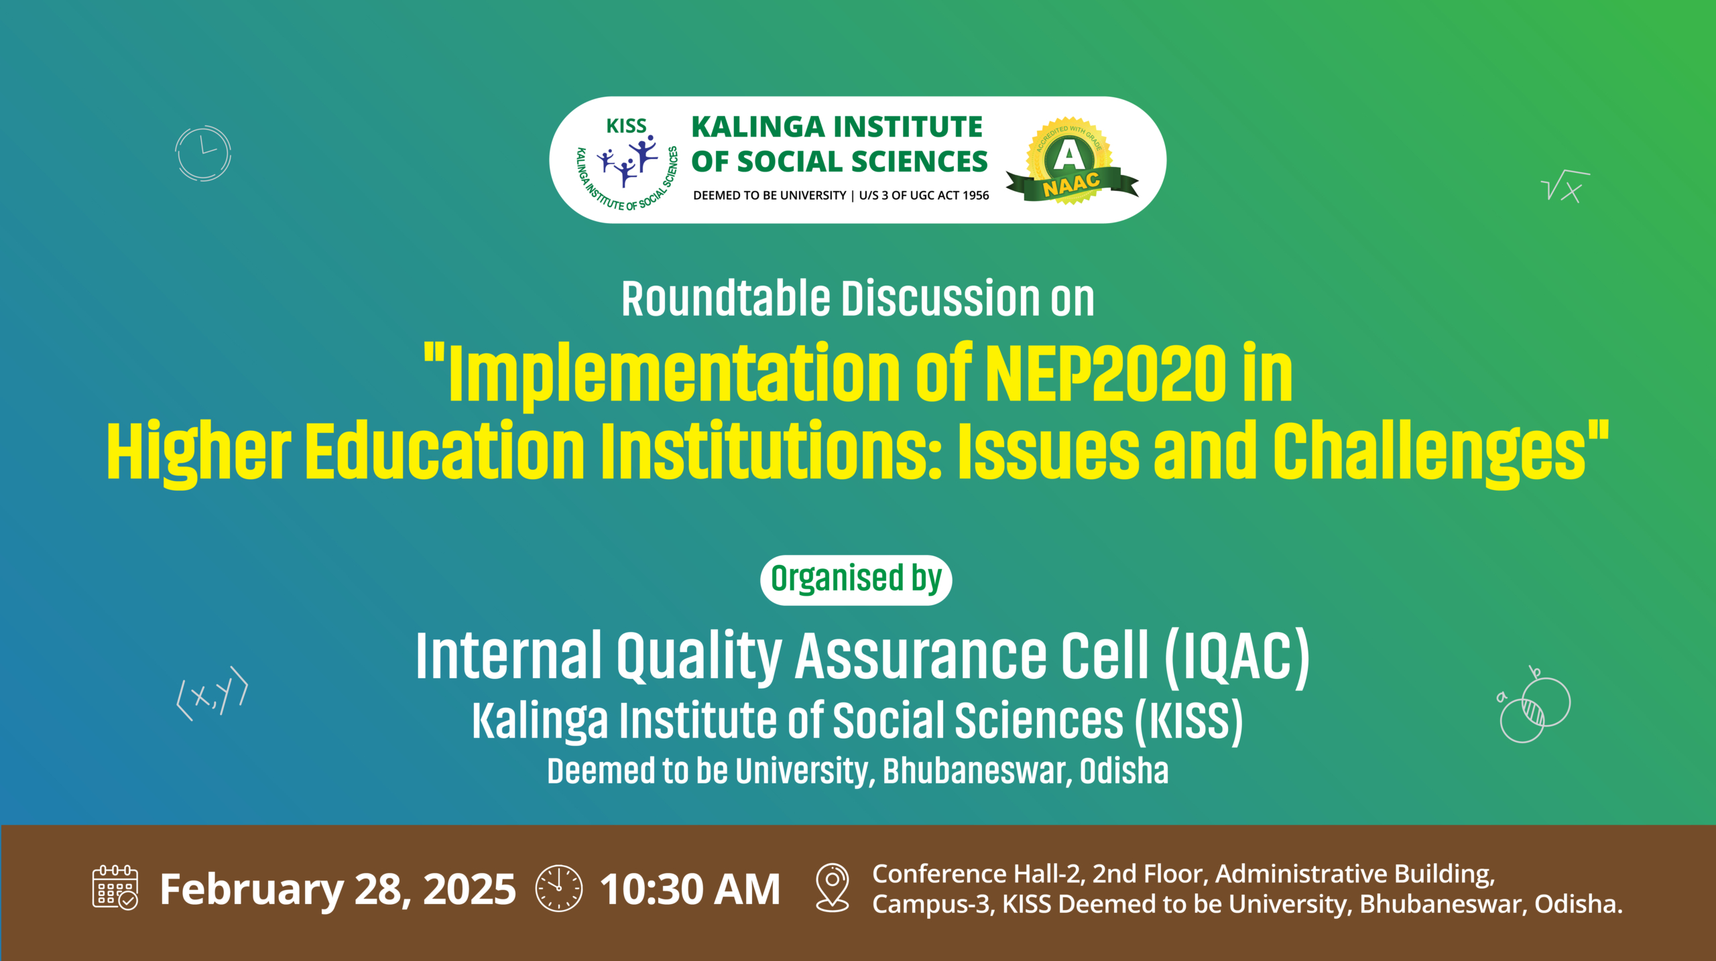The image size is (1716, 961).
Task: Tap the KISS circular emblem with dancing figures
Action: [x=627, y=164]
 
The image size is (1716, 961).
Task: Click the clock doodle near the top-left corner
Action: [x=203, y=153]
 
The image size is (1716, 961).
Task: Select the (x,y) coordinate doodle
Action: [x=212, y=693]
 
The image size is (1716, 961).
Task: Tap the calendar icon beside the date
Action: [x=115, y=887]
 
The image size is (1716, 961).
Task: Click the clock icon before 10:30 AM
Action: [x=559, y=889]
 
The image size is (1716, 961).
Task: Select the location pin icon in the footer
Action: [x=833, y=887]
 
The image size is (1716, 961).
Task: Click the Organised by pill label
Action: [x=856, y=580]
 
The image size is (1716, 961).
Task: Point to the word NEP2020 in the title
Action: [x=1106, y=373]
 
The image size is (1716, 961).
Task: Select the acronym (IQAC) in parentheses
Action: [x=1237, y=657]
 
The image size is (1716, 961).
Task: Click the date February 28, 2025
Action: [x=338, y=890]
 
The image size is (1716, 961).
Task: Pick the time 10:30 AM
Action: [x=690, y=889]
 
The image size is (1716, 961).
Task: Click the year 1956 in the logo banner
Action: [x=975, y=195]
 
